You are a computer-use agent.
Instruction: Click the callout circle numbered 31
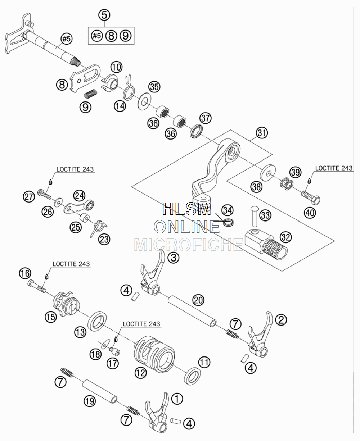[262, 133]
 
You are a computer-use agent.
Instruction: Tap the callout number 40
[310, 213]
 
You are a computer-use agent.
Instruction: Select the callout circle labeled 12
[140, 373]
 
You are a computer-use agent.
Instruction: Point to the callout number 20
[198, 300]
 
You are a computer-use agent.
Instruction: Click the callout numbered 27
[29, 197]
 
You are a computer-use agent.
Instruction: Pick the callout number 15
[51, 317]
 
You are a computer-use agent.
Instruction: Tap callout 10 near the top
[116, 67]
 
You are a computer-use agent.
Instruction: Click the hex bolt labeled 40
[311, 197]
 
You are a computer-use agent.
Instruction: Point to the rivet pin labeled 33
[255, 217]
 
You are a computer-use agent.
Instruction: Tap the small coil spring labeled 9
[91, 93]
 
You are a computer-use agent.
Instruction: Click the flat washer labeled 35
[145, 101]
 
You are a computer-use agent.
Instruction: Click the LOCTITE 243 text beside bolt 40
[334, 168]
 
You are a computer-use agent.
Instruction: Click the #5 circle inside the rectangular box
[97, 36]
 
